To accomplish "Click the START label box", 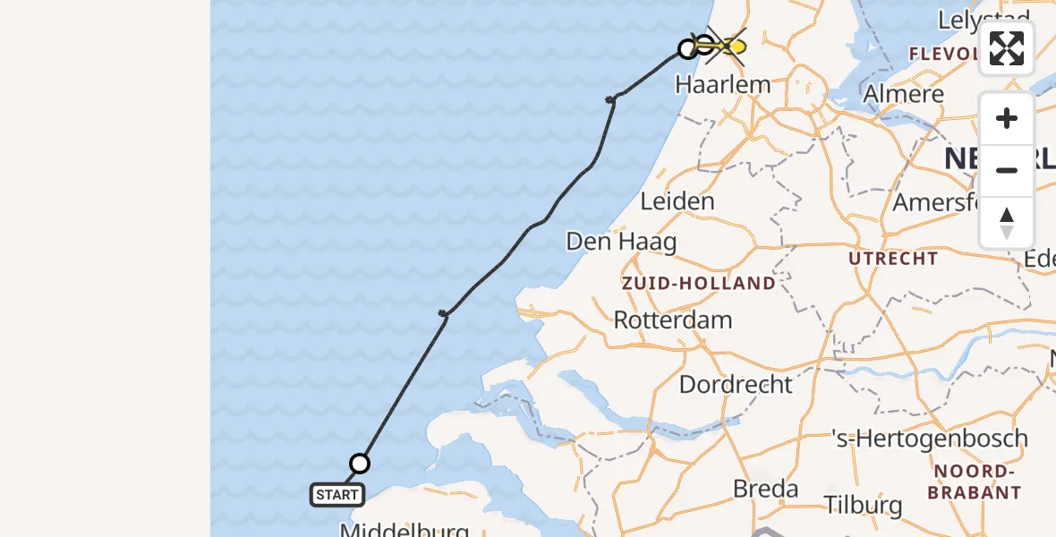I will click(x=337, y=494).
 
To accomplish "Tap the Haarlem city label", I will click(x=723, y=85).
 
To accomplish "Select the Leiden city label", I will click(x=677, y=201).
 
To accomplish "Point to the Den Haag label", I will click(x=622, y=242).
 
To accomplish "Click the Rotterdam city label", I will click(x=672, y=320).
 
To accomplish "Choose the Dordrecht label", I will click(x=736, y=385).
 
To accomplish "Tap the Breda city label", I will click(x=765, y=489).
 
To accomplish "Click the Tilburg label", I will click(x=864, y=505).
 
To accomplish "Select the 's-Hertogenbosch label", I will click(x=929, y=439).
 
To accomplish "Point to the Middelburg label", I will click(x=404, y=530).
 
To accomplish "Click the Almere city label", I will click(x=904, y=94).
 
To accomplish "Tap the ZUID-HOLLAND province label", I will click(x=699, y=284).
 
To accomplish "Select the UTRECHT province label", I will click(x=894, y=260).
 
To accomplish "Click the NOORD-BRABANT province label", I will click(x=975, y=482).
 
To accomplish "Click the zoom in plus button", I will click(x=1007, y=119).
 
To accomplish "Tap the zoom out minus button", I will click(x=1007, y=171).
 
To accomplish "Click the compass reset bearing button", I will click(x=1007, y=222).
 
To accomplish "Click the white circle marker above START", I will click(x=360, y=463).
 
